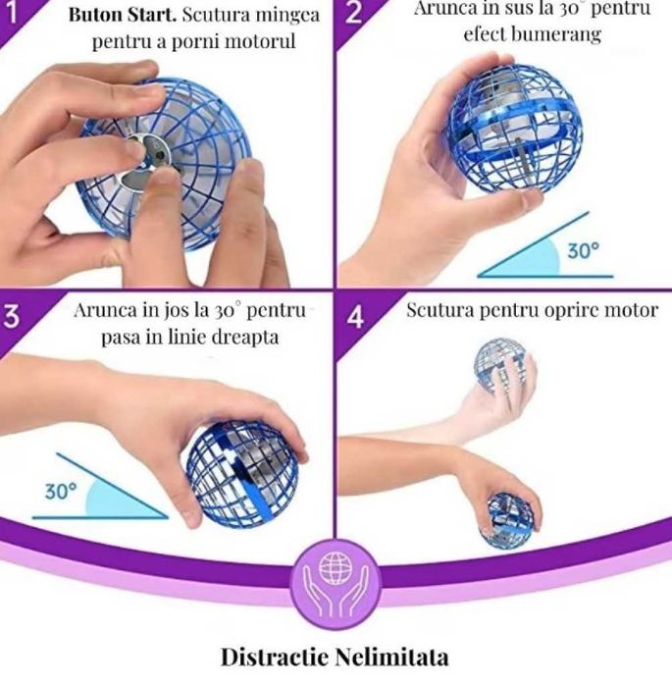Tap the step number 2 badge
(x=354, y=13)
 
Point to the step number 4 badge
(x=355, y=317)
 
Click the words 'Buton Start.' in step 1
(x=123, y=15)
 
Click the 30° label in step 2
(x=584, y=250)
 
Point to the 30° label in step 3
(x=61, y=492)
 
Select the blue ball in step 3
(x=242, y=475)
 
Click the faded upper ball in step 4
(x=503, y=364)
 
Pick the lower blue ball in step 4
(x=508, y=520)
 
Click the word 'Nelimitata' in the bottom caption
(x=392, y=658)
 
